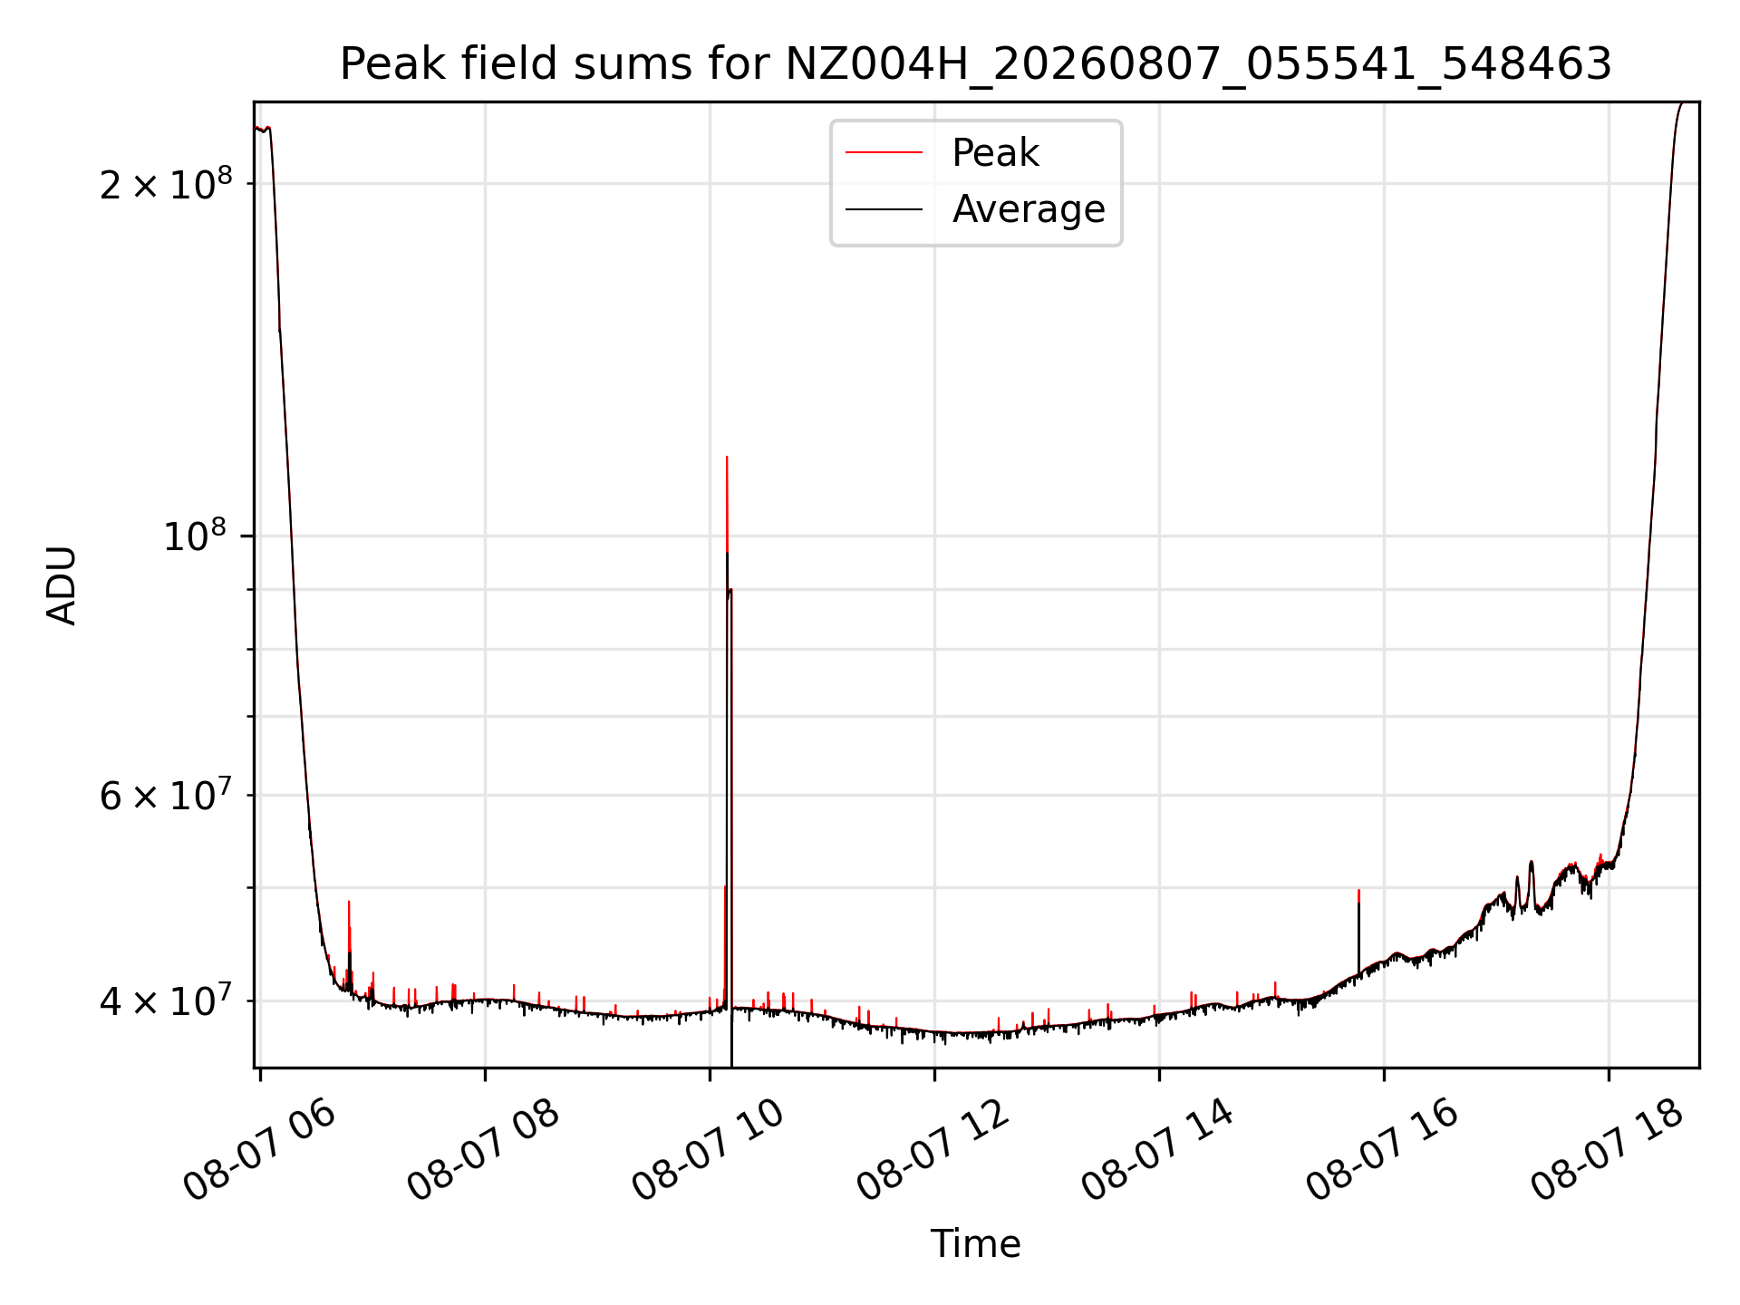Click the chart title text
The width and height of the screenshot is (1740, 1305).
click(x=976, y=64)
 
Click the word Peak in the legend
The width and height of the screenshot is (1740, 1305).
click(x=995, y=153)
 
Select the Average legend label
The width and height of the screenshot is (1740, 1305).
click(x=1029, y=209)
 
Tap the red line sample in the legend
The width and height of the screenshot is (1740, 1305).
click(x=884, y=153)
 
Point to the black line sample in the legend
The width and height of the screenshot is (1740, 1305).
click(x=884, y=209)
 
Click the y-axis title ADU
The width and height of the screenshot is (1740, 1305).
click(x=62, y=585)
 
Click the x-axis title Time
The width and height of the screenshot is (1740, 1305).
click(x=976, y=1244)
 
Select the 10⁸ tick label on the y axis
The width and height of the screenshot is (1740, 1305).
click(x=198, y=535)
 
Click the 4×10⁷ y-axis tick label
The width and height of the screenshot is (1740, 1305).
click(x=166, y=1000)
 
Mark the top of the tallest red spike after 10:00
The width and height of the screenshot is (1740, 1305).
click(x=727, y=457)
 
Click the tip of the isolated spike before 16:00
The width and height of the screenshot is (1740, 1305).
click(x=1358, y=890)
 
